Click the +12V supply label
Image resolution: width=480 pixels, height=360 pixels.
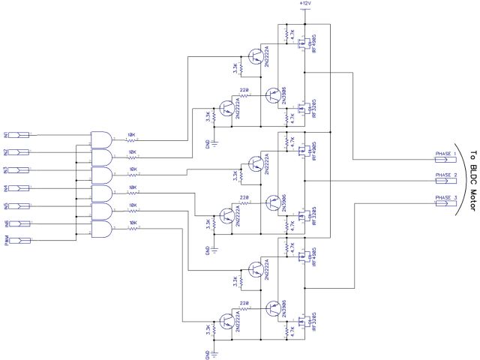[x=304, y=4]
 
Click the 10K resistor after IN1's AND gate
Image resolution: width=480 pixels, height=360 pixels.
[x=132, y=139]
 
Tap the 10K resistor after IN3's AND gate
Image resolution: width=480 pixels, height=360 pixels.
[x=132, y=175]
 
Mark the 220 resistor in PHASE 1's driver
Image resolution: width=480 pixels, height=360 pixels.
[x=244, y=94]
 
